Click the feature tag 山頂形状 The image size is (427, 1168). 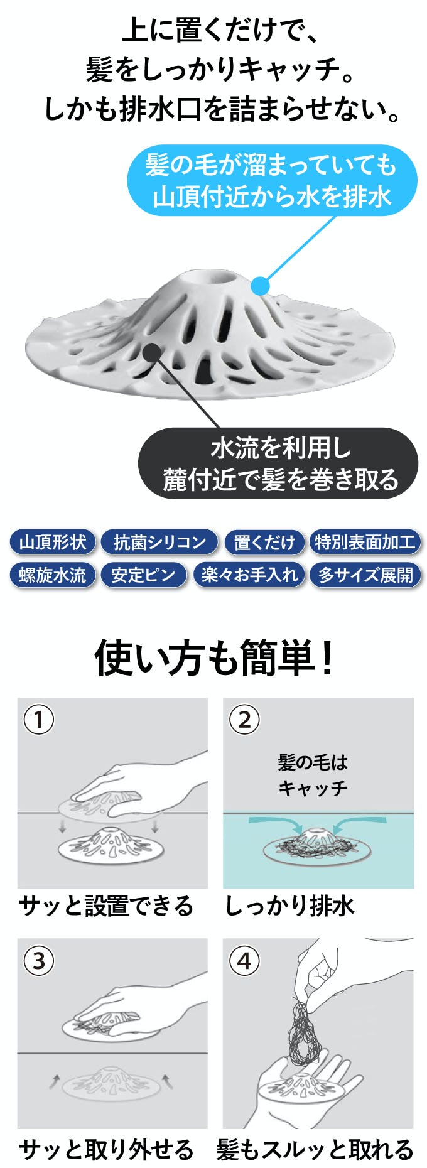pos(53,542)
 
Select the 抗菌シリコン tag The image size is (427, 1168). pos(159,542)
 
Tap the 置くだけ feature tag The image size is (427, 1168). pos(264,542)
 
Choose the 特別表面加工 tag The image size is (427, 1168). pos(365,542)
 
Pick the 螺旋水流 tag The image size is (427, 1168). pos(53,575)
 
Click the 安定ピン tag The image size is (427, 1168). pos(144,575)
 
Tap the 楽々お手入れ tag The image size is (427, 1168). pos(249,575)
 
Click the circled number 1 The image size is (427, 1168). pos(39,720)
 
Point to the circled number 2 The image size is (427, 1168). pos(245,720)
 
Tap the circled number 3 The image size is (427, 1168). pos(39,961)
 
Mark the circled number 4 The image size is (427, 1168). pos(245,961)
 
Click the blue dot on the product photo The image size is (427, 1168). pos(260,286)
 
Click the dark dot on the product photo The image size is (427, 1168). pos(152,352)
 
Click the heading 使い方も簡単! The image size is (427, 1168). pos(213,659)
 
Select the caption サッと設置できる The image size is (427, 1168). pos(105,906)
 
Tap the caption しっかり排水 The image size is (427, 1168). pos(289,906)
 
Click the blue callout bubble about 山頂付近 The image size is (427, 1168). pos(272,181)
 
